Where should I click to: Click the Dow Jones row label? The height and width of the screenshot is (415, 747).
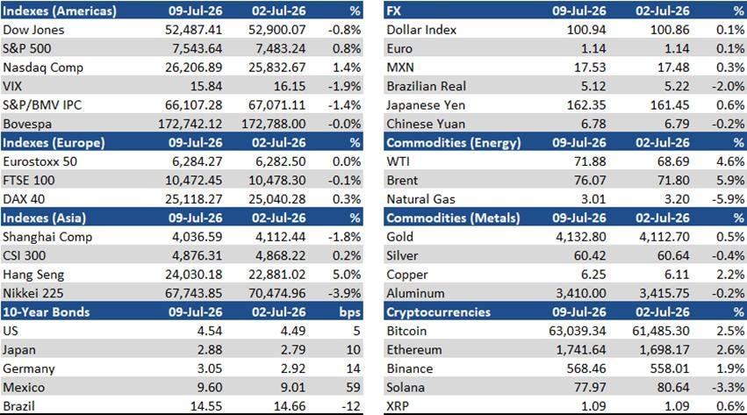tap(33, 30)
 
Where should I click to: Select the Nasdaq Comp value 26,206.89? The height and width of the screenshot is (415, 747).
tap(193, 68)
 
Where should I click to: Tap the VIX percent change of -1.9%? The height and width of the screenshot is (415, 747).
tap(344, 86)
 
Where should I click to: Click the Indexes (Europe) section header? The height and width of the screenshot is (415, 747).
tap(54, 143)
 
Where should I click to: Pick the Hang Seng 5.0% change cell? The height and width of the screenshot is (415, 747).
tap(347, 275)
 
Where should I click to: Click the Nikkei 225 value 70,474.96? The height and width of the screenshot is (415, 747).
tap(277, 293)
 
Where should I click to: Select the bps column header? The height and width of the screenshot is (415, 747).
tap(350, 312)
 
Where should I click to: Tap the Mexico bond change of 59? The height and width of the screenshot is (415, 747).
tap(353, 388)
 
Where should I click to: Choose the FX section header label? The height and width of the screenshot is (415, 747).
tap(394, 11)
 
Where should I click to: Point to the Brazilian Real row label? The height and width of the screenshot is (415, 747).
tap(427, 86)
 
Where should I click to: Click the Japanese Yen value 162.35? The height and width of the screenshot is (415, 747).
tap(586, 105)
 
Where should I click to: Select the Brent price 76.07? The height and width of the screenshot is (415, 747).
tap(590, 181)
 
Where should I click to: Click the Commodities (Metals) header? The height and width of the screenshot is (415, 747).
tap(453, 218)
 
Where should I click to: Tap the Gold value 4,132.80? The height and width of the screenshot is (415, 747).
tap(581, 237)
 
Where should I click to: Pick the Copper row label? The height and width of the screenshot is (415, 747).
tap(407, 275)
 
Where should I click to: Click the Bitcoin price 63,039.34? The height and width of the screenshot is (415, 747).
tap(578, 331)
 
